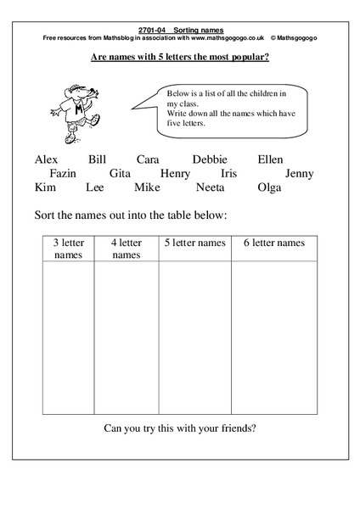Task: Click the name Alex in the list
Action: (49, 159)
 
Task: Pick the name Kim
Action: (47, 187)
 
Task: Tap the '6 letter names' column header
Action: (273, 243)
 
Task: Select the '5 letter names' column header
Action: (194, 243)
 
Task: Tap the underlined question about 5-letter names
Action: (179, 59)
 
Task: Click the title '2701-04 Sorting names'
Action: (180, 30)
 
